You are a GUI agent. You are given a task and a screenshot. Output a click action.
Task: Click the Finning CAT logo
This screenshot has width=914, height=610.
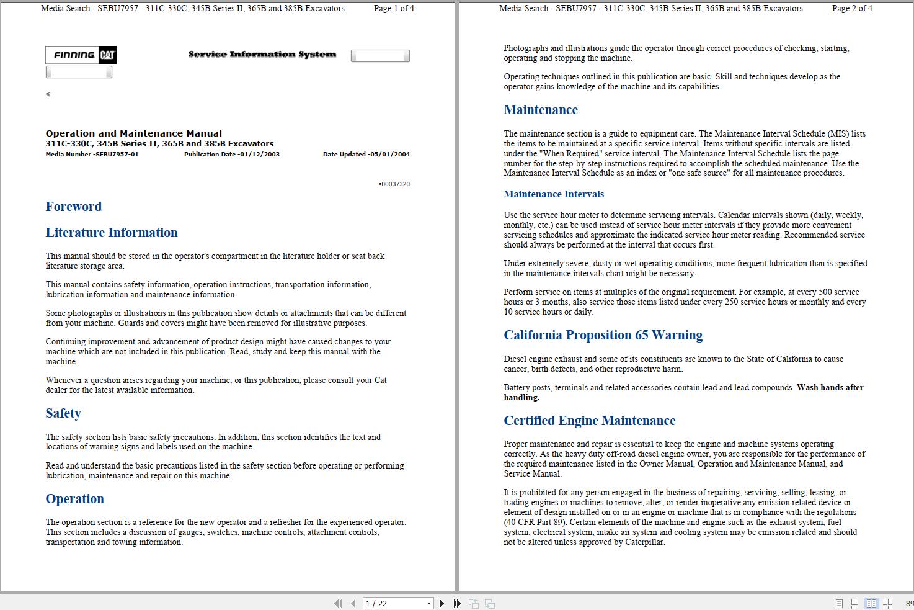[x=81, y=55]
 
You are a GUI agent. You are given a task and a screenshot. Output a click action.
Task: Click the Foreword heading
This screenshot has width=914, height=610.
[x=73, y=207]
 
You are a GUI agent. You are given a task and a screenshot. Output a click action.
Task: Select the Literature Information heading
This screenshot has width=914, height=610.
[x=112, y=233]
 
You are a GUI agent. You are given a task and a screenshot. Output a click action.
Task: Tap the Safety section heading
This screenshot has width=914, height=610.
[x=63, y=413]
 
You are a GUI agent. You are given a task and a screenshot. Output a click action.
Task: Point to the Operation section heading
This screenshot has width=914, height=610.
[x=74, y=499]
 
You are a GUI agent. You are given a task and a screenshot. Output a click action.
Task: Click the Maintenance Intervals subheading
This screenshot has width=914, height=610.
[x=553, y=194]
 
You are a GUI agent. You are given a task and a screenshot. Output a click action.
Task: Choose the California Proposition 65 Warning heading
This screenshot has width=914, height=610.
[x=603, y=335]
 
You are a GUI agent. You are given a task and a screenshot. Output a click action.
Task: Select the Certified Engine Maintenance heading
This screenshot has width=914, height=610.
[x=589, y=421]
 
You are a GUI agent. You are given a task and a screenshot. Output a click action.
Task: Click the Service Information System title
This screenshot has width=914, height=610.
[x=262, y=55]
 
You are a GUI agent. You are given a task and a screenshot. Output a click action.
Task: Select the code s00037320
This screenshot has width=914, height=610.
[x=394, y=184]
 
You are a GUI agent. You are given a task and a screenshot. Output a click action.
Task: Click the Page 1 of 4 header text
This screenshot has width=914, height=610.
[x=394, y=9]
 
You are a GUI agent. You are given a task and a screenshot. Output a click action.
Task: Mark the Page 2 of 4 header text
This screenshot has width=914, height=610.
[x=852, y=9]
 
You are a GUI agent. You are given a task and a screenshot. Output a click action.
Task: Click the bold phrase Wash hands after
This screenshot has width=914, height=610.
[x=830, y=388]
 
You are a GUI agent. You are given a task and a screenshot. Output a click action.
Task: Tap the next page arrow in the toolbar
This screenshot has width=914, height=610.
[x=441, y=603]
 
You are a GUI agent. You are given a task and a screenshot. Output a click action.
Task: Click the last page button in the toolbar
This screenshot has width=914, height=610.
[x=458, y=603]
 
